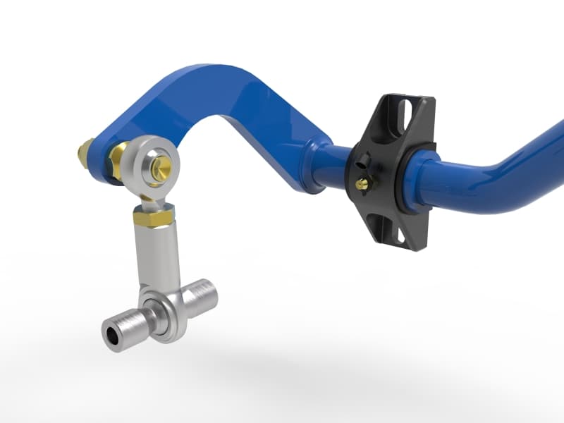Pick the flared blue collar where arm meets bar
[x=314, y=165]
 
